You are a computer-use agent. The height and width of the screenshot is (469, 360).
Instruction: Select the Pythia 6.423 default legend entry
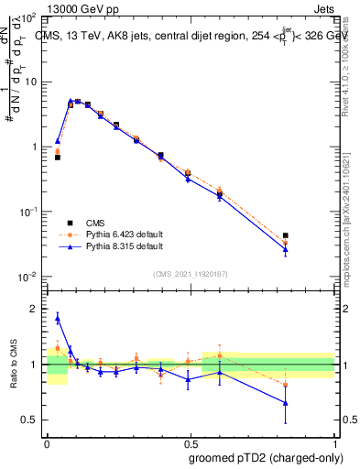click(124, 234)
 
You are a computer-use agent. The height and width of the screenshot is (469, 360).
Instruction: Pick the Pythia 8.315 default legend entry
click(124, 246)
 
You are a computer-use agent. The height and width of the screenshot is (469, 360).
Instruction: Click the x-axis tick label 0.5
click(191, 441)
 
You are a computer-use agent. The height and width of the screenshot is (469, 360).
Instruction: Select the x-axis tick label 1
click(334, 441)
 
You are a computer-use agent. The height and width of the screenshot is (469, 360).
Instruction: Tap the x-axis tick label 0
click(47, 441)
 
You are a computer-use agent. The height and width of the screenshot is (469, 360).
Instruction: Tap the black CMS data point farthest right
click(286, 235)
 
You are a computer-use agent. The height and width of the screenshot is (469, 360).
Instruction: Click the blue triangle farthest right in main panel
click(286, 249)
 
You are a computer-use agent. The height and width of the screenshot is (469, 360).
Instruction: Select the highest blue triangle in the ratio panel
click(58, 318)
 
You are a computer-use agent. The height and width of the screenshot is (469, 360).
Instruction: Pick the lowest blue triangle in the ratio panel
click(286, 402)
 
